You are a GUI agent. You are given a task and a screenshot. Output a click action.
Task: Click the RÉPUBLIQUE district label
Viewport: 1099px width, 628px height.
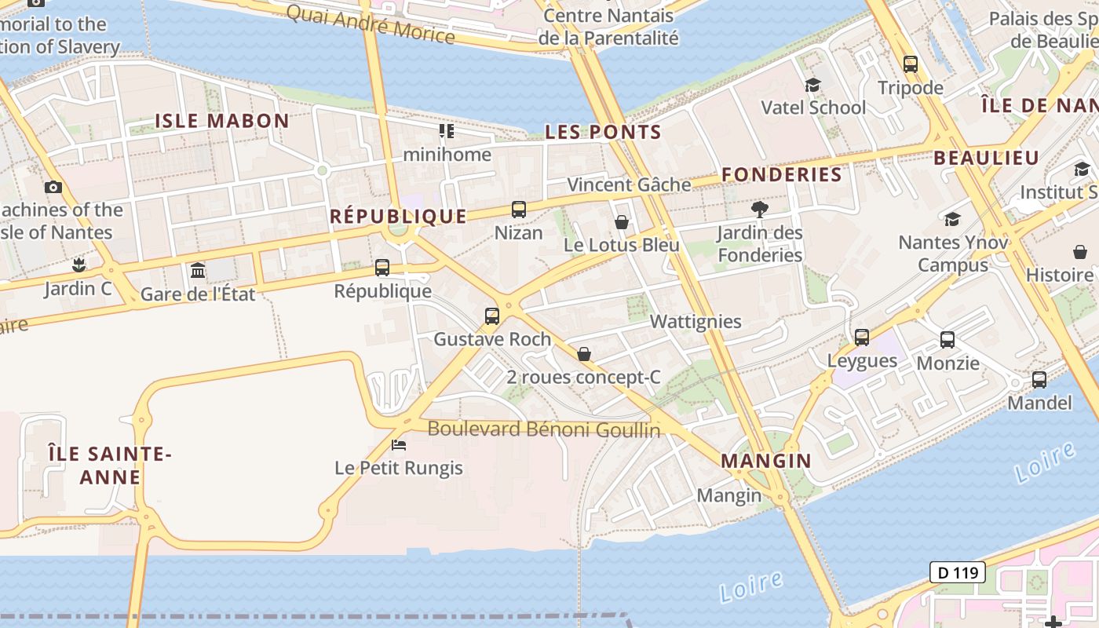click(398, 216)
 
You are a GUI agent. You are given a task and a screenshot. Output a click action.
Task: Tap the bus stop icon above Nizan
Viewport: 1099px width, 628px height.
click(519, 210)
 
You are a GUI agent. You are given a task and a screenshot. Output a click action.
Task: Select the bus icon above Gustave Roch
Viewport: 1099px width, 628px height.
click(492, 316)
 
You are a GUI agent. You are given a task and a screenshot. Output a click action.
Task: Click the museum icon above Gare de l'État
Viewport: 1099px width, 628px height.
click(198, 271)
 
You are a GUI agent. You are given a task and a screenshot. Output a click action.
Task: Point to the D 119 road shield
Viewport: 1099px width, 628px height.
click(958, 572)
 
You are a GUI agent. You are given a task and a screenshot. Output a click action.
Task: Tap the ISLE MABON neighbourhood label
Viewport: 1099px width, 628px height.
click(222, 121)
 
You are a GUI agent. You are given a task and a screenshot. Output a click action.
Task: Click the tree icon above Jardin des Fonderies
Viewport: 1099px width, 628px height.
click(759, 209)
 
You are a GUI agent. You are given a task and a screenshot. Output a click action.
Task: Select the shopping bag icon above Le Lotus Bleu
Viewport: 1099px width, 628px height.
click(622, 222)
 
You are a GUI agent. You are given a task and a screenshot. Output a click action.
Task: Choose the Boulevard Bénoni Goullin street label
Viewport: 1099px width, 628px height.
click(544, 429)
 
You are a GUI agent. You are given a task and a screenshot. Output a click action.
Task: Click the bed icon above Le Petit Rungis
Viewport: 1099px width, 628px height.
click(399, 445)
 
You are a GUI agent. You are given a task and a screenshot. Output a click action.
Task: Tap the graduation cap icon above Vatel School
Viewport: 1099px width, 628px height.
click(812, 85)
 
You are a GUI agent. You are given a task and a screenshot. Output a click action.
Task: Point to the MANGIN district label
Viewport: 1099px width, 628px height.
click(766, 461)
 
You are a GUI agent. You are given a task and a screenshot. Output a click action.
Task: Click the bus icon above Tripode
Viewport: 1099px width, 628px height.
click(911, 64)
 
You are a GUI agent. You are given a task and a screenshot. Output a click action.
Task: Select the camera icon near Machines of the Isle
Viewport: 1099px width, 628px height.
click(53, 187)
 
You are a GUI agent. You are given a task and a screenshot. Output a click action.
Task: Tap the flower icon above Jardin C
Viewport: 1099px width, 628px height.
click(78, 265)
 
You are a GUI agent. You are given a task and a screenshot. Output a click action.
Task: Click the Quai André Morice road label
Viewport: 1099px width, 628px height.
click(370, 24)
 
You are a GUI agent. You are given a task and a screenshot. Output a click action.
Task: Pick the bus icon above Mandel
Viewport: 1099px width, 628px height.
click(1039, 380)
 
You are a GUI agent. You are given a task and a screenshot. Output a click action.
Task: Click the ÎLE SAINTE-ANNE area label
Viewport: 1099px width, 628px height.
click(110, 466)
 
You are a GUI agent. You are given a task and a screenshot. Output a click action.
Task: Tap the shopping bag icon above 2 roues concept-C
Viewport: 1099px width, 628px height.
click(584, 354)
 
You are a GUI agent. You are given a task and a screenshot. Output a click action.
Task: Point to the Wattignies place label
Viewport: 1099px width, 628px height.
click(696, 321)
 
